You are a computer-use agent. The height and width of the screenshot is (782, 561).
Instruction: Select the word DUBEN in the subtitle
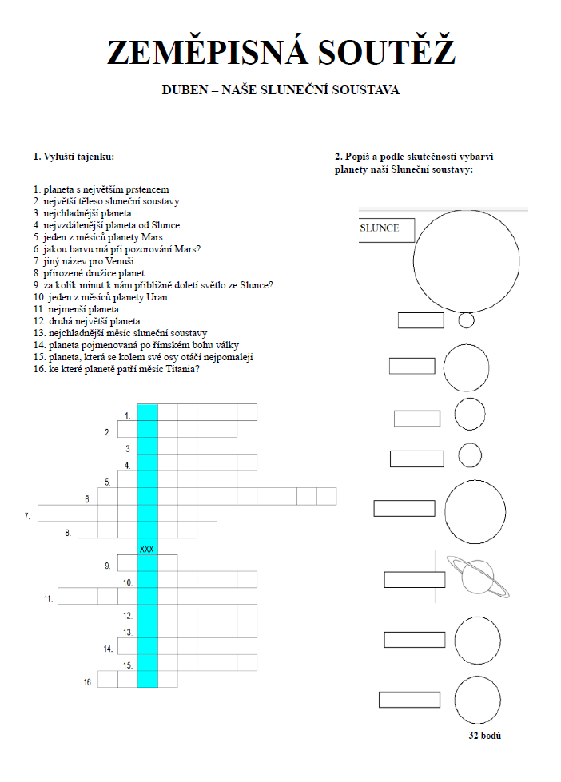point(183,90)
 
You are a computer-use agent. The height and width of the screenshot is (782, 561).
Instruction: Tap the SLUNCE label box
point(387,229)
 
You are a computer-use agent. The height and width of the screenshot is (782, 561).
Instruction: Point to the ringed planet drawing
point(477,577)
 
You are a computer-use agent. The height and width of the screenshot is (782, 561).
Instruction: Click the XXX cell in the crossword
point(147,549)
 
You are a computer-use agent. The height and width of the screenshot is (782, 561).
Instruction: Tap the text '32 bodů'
point(485,736)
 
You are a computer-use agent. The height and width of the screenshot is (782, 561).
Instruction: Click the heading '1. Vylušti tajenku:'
point(79,157)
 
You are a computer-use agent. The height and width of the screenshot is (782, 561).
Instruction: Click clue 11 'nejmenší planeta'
point(76,309)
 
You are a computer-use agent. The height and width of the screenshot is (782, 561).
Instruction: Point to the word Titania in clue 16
point(181,369)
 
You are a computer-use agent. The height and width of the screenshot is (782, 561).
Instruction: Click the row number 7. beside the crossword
point(27,517)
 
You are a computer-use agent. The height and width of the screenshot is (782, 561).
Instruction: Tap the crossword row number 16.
point(88,682)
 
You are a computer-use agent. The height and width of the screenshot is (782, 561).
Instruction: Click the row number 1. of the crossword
point(127,415)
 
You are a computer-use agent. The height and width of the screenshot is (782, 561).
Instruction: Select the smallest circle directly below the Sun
point(467,320)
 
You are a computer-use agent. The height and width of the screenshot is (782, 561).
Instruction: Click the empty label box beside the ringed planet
point(414,579)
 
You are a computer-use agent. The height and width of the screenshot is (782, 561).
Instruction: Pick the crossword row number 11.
point(48,598)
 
